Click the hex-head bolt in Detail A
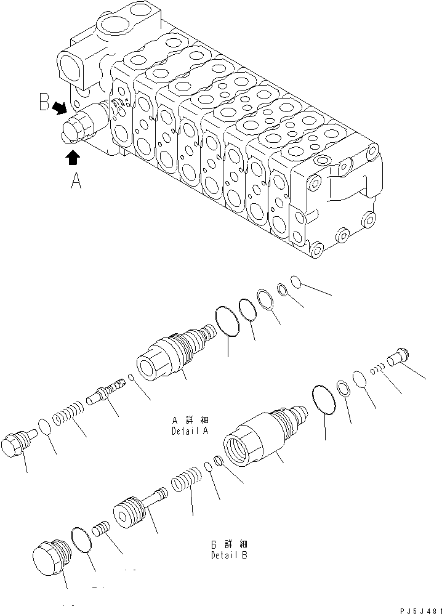click(17, 444)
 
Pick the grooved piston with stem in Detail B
click(135, 507)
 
